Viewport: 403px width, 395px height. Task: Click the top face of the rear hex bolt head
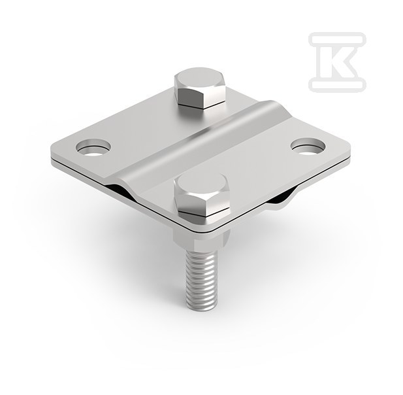tap(200, 77)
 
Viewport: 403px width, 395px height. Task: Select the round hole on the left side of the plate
tap(93, 147)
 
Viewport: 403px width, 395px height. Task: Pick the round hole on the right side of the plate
tap(308, 146)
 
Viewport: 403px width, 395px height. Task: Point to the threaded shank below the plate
tap(199, 280)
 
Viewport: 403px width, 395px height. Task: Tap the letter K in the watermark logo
tap(337, 61)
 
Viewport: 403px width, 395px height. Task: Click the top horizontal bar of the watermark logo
tap(338, 39)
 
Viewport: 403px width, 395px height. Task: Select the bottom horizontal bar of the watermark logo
tap(338, 85)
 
